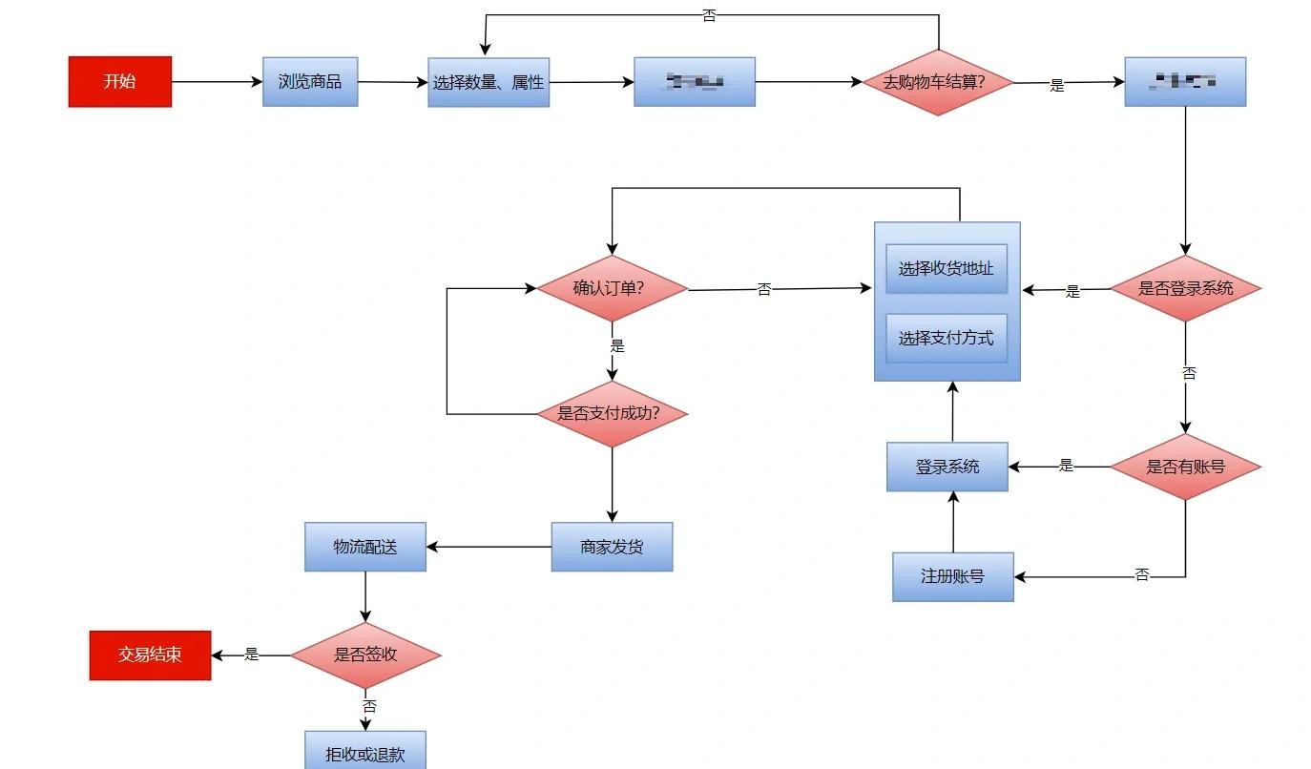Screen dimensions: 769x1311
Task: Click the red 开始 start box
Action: tap(120, 82)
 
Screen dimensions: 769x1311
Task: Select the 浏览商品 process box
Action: tap(310, 82)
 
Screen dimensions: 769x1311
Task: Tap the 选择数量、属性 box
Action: tap(489, 83)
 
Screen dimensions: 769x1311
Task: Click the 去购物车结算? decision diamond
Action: tap(938, 82)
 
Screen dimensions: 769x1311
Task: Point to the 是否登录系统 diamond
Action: tap(1186, 288)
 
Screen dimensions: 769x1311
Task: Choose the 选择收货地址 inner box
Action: tap(947, 269)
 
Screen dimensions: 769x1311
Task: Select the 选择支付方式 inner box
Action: tap(947, 338)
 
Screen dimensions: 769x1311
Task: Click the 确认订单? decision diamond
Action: tap(612, 288)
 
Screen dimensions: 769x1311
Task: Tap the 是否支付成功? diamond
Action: tap(612, 414)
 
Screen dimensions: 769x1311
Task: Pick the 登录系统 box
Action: tap(947, 468)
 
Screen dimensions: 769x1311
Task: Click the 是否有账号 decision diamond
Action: tap(1186, 468)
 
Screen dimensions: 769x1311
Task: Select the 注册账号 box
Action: tap(953, 576)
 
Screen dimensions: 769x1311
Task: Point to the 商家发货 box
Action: tap(612, 547)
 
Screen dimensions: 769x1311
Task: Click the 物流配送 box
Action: tap(365, 547)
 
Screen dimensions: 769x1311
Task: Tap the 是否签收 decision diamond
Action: tap(365, 655)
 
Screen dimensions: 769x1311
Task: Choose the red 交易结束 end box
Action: tap(151, 655)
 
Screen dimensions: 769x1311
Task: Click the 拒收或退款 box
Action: tap(365, 754)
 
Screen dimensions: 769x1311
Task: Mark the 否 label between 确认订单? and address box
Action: tap(764, 290)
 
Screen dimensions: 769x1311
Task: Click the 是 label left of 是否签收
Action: tap(252, 655)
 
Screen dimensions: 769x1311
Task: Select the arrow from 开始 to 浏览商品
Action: tap(217, 82)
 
